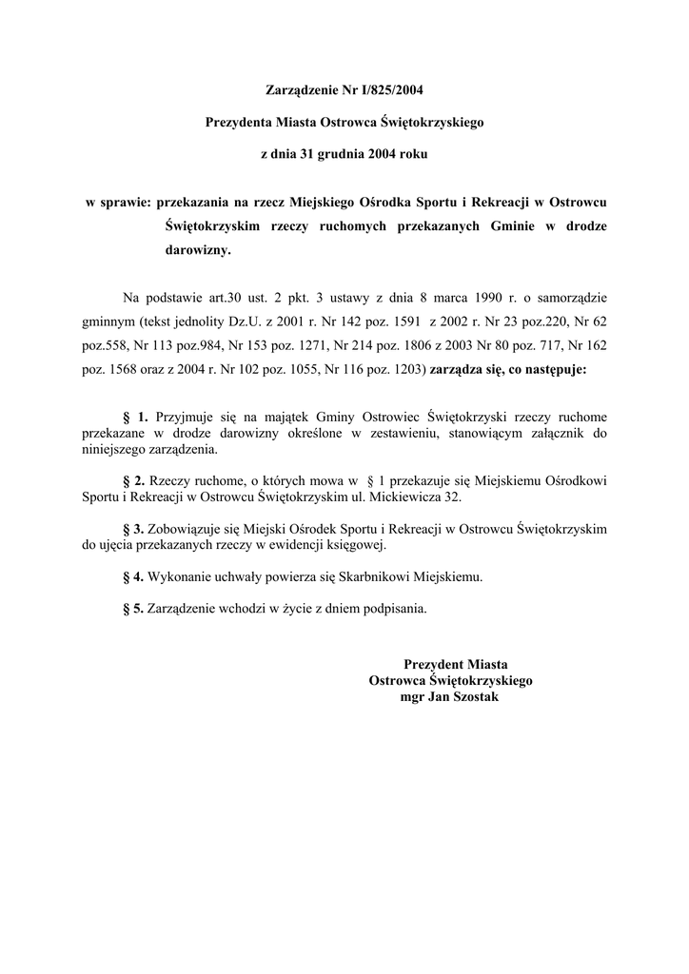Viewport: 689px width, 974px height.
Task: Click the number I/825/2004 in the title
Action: (386, 91)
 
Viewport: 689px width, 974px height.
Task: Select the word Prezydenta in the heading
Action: (238, 122)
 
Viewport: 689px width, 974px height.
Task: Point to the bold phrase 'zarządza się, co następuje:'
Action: (509, 372)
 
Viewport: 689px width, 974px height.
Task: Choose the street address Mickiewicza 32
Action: (415, 497)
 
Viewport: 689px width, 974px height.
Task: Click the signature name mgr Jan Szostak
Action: (450, 697)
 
